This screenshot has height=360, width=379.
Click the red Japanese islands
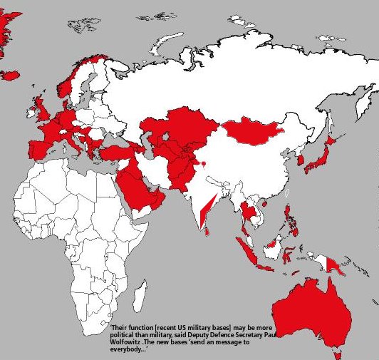(324, 153)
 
